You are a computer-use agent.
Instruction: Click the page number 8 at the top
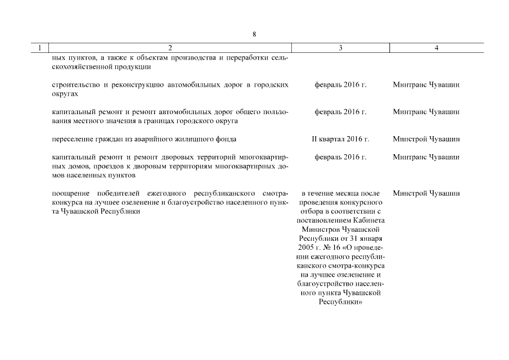254,34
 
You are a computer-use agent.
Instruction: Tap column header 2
170,48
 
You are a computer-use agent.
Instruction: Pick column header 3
340,48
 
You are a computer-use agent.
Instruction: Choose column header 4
436,48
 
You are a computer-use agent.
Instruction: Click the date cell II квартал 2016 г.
340,139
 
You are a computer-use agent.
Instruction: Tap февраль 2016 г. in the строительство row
340,85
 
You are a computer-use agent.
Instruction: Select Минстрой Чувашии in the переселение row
426,139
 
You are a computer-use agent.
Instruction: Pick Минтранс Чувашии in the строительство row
426,85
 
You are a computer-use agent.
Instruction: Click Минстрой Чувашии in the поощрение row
426,193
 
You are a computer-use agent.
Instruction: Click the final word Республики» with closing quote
340,302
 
